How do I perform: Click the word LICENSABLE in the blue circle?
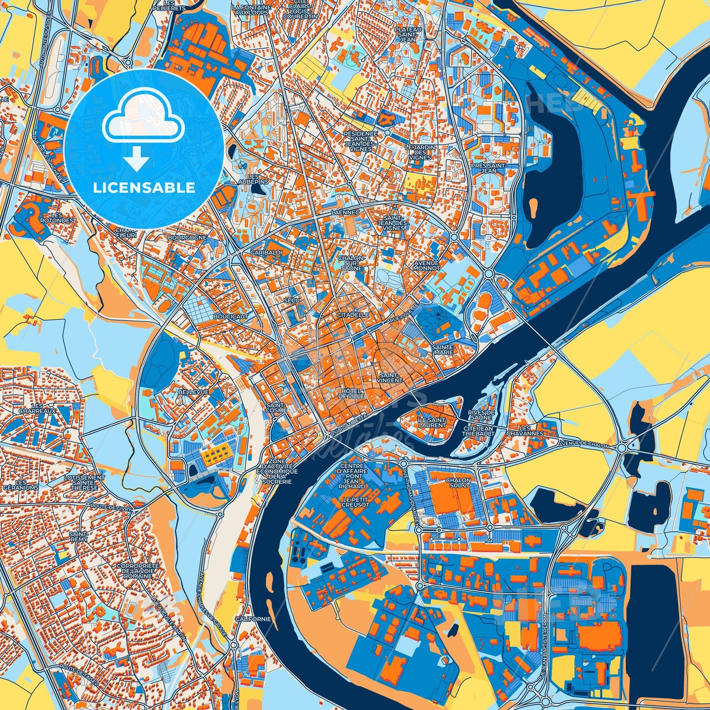pos(144,188)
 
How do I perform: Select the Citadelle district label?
pos(353,314)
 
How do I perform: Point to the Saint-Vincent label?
pos(391,377)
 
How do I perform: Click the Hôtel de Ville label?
pos(351,393)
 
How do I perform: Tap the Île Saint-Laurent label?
pos(432,422)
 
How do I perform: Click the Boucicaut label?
pos(231,317)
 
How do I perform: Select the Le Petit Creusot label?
pos(356,502)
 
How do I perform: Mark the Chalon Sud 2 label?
pos(458,483)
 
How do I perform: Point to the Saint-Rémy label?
pos(79,536)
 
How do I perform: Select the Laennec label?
pos(346,212)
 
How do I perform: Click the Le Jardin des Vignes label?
pos(420,152)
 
